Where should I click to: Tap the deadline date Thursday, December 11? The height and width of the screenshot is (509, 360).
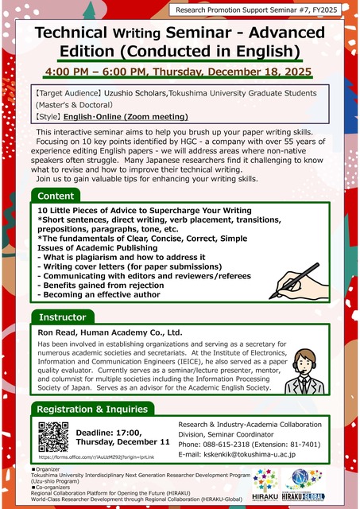122,441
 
